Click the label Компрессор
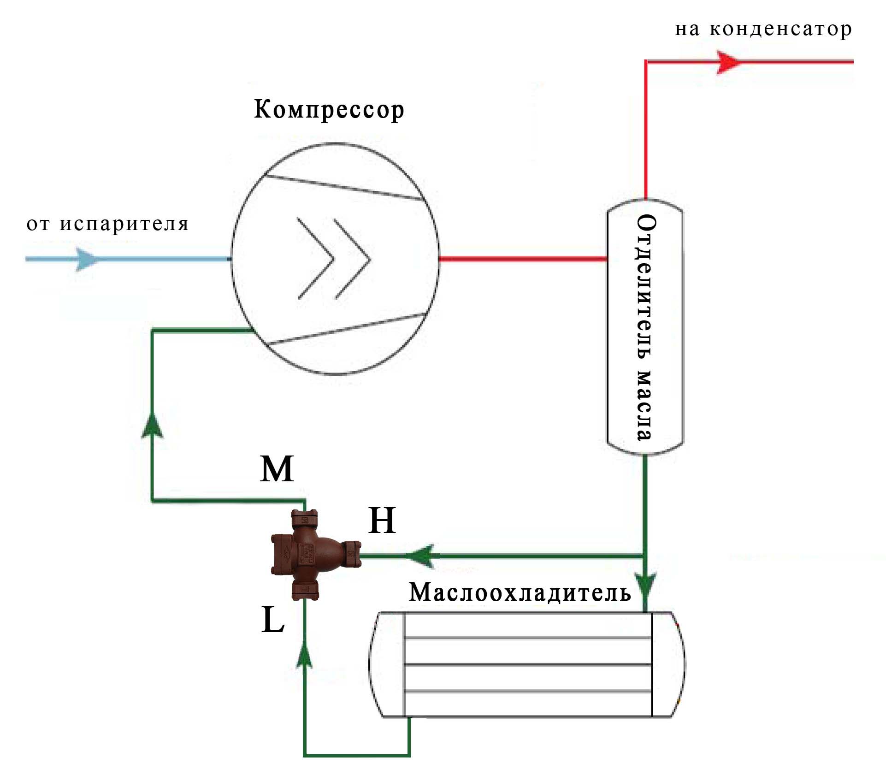pos(329,111)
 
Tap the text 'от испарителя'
pos(107,224)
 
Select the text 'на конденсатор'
pos(763,29)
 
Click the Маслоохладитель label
pos(520,592)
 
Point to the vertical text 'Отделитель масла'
pos(645,327)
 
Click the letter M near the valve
pos(277,469)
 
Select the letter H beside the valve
pos(382,521)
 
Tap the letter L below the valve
pos(273,620)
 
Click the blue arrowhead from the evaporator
pos(86,259)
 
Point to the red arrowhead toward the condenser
pos(728,62)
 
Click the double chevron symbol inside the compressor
pos(334,259)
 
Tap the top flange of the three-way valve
pos(305,519)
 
